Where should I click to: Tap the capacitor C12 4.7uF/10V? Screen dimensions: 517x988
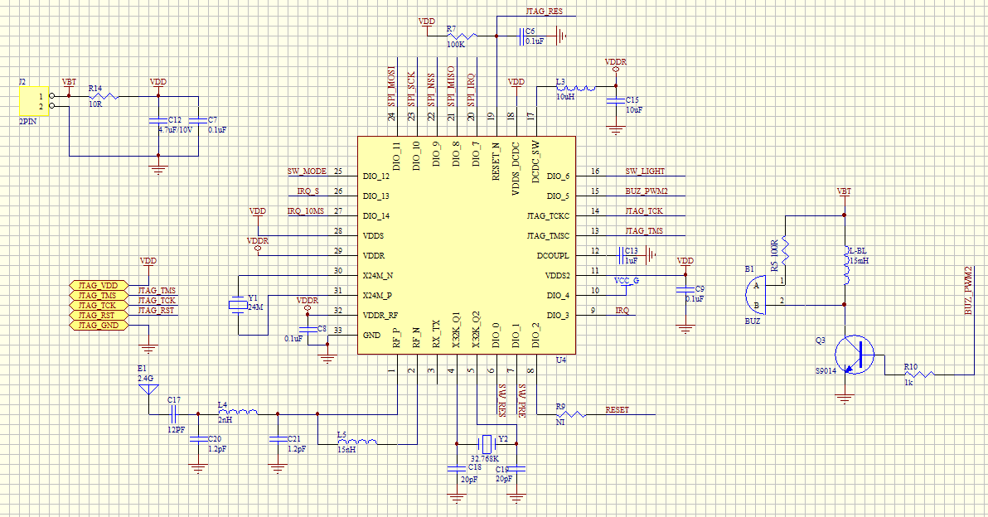tap(157, 122)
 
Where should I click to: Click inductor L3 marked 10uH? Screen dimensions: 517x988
tap(576, 88)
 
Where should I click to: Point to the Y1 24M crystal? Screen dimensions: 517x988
tap(238, 305)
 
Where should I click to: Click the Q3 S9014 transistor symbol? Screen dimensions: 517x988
tap(854, 355)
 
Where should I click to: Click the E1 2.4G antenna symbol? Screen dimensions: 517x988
tap(148, 387)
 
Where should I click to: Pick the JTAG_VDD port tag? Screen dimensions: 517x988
tap(99, 285)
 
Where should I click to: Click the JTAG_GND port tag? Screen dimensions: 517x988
tap(99, 325)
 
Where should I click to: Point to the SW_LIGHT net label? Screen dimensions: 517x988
tap(646, 171)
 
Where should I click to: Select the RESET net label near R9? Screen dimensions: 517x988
tap(617, 409)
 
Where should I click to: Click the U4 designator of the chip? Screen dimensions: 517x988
tap(560, 360)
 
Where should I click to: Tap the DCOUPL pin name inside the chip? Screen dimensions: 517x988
tap(553, 255)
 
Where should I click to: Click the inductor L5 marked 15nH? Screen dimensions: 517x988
tap(357, 441)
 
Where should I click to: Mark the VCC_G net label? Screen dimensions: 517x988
tap(626, 281)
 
